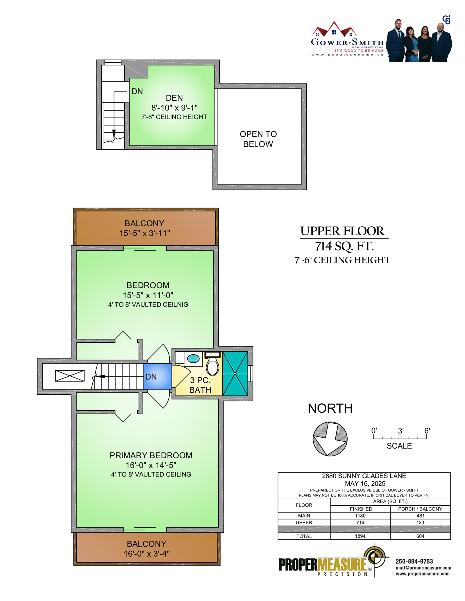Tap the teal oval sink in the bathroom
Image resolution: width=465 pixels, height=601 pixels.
click(193, 359)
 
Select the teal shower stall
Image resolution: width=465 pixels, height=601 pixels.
click(235, 373)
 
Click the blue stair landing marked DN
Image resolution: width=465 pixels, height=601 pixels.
click(157, 376)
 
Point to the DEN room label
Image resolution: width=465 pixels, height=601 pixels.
click(174, 98)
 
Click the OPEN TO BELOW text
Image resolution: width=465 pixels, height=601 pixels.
click(258, 139)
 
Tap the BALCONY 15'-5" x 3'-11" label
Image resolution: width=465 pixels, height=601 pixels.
click(144, 228)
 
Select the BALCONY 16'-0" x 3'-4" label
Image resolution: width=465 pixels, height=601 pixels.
click(146, 548)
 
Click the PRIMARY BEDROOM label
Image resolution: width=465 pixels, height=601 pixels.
click(151, 455)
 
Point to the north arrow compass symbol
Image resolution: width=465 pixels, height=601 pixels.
click(330, 438)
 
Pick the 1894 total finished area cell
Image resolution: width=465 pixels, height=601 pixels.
click(360, 536)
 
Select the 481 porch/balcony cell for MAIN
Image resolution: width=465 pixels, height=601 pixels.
click(420, 516)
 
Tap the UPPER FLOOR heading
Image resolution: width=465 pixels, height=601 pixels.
click(342, 231)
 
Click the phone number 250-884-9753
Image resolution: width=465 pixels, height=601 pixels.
click(414, 561)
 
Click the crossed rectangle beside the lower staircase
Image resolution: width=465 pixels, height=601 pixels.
click(70, 376)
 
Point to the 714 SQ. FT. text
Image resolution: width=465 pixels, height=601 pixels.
click(344, 246)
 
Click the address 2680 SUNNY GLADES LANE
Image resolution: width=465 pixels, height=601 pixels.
click(364, 476)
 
